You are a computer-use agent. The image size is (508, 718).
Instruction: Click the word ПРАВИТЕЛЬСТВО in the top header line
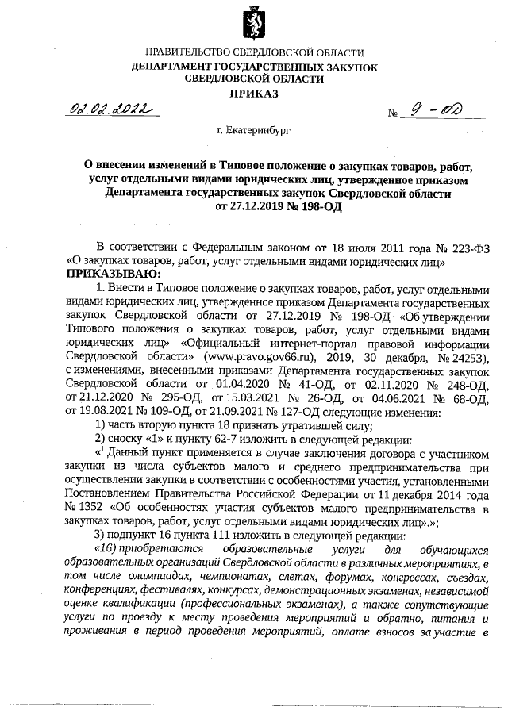coord(183,53)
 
